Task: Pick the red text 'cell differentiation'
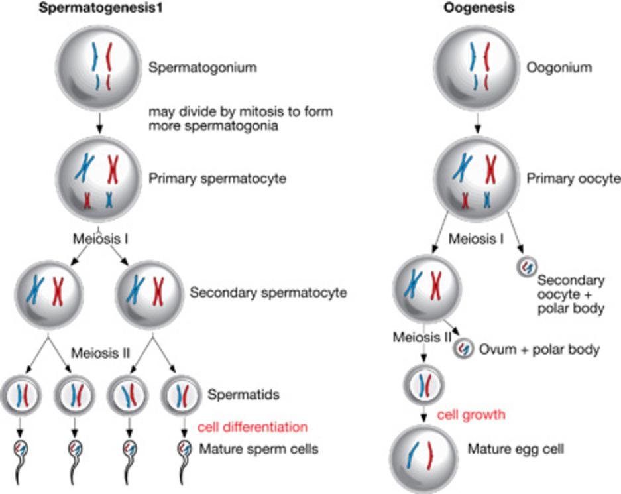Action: pos(253,426)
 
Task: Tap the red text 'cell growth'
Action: pos(472,415)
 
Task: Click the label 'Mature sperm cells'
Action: pos(259,449)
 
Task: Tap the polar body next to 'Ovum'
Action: pos(463,349)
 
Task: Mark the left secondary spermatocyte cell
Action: pos(48,291)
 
